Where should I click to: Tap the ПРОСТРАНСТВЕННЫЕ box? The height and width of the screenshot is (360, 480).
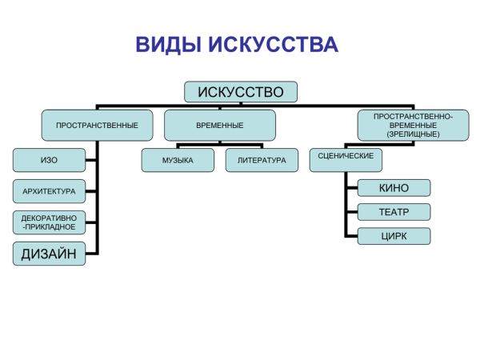pyautogui.click(x=97, y=126)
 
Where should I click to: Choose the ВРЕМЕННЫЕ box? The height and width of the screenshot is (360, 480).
pyautogui.click(x=219, y=126)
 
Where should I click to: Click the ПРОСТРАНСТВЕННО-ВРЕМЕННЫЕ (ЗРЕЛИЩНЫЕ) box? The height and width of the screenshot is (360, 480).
pyautogui.click(x=413, y=126)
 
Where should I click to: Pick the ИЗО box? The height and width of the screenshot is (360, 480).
pyautogui.click(x=49, y=160)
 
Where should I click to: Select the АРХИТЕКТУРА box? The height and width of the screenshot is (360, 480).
pyautogui.click(x=49, y=191)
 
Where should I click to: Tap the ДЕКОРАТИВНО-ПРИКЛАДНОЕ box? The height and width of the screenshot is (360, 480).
pyautogui.click(x=49, y=222)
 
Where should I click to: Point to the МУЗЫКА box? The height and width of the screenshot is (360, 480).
pyautogui.click(x=178, y=160)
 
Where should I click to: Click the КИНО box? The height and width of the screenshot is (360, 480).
pyautogui.click(x=394, y=188)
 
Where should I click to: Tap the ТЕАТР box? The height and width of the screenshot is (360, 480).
pyautogui.click(x=394, y=212)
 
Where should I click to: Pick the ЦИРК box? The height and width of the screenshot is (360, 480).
pyautogui.click(x=394, y=236)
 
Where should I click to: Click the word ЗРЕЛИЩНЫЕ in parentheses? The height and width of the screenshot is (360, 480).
pyautogui.click(x=413, y=134)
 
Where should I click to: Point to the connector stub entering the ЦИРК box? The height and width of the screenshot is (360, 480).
pyautogui.click(x=351, y=236)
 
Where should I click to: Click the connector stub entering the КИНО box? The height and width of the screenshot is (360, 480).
pyautogui.click(x=351, y=188)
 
